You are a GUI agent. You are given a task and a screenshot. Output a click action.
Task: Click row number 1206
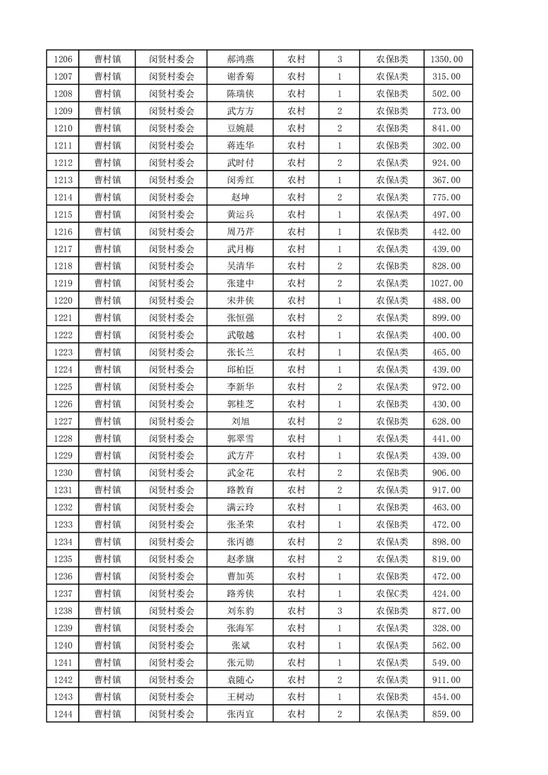pos(62,59)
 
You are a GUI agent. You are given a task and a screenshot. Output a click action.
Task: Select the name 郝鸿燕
pos(240,59)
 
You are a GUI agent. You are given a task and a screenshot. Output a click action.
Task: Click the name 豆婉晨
pos(240,128)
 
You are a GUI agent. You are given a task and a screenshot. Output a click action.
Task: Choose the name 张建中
pos(240,283)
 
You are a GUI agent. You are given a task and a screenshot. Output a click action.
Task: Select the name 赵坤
pos(240,197)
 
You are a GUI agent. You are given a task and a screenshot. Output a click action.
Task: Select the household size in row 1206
pos(339,59)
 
